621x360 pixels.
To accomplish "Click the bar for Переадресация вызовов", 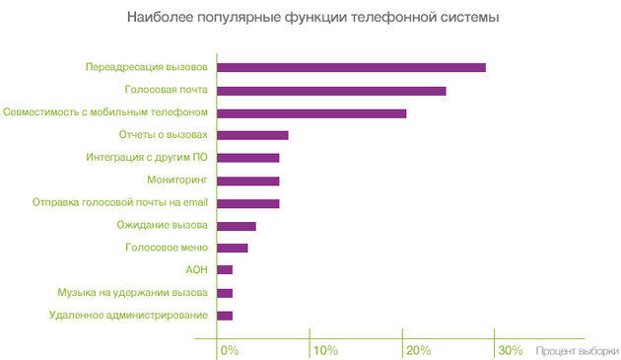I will click(351, 68).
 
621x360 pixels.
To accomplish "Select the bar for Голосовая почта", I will click(331, 91).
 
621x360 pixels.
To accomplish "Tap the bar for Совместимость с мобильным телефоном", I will click(311, 113).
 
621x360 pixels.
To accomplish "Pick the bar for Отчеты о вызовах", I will click(252, 135).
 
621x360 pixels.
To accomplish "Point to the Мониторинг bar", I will click(248, 180).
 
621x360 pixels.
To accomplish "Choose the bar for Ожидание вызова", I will click(237, 226).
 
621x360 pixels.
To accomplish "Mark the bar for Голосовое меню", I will click(233, 248).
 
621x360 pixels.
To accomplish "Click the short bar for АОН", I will click(225, 270).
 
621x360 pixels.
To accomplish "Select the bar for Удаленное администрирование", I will click(225, 316).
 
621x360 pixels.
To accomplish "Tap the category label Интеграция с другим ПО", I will click(147, 158).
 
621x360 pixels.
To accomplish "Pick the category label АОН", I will click(196, 270).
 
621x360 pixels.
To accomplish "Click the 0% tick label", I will click(230, 350).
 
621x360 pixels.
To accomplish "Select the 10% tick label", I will click(325, 350).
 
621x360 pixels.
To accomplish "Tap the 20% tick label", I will click(418, 350).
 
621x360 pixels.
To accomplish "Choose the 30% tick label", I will click(511, 350).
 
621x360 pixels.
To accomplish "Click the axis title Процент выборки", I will click(578, 350).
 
